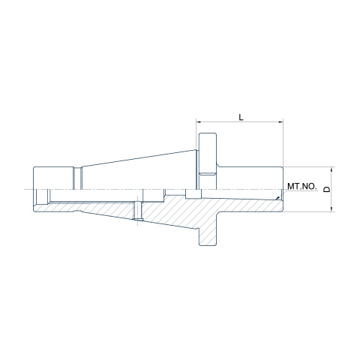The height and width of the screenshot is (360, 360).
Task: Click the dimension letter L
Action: tap(241, 117)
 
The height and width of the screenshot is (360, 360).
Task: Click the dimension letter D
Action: tap(327, 189)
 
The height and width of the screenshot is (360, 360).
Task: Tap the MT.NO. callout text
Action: tap(302, 186)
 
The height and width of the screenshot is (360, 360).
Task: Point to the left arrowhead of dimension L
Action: tap(199, 122)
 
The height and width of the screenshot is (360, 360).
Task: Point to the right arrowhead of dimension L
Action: tap(280, 122)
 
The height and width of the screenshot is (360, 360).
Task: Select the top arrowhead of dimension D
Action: tap(331, 169)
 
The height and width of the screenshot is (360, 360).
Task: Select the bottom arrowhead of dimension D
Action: tap(331, 209)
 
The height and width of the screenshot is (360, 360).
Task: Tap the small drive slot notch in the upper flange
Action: tap(207, 174)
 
